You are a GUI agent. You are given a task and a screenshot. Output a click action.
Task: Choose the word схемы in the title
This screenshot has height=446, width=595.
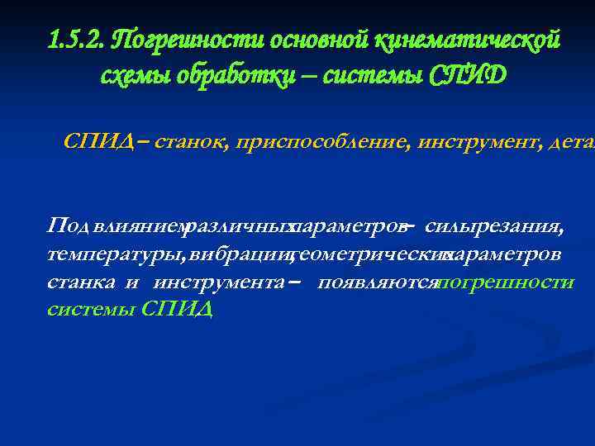(x=130, y=75)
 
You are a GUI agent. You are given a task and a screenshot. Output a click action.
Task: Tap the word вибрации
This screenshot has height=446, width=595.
(x=239, y=254)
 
